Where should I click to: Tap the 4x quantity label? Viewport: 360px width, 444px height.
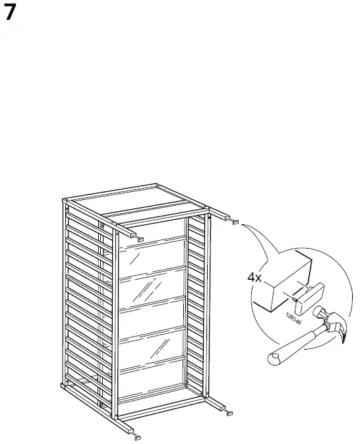(x=255, y=278)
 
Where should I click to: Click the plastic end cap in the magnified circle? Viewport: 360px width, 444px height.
(x=307, y=296)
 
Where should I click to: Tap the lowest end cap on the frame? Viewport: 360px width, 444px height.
(x=136, y=437)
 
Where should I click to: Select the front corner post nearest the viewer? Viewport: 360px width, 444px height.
(x=116, y=330)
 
